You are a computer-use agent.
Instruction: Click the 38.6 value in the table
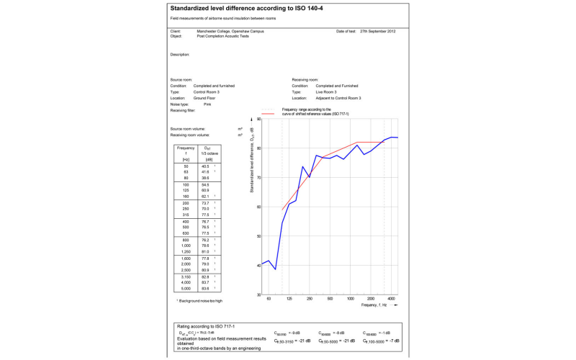click(x=205, y=178)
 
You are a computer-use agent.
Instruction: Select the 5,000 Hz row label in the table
click(x=186, y=288)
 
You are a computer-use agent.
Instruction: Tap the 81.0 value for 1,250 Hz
click(x=205, y=252)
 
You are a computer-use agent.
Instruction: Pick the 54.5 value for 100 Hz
click(x=205, y=185)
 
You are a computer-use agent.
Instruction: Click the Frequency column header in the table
click(x=186, y=148)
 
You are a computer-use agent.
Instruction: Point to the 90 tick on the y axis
click(x=258, y=119)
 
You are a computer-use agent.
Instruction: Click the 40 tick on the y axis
click(x=258, y=266)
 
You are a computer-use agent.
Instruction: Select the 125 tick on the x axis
click(x=289, y=298)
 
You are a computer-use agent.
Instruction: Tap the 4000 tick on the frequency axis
click(x=391, y=298)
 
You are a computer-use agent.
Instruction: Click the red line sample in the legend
click(x=268, y=114)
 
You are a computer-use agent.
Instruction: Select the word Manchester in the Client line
click(x=208, y=32)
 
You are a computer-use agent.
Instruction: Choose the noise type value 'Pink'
click(x=207, y=104)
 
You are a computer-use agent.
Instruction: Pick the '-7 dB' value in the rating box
click(x=392, y=341)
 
